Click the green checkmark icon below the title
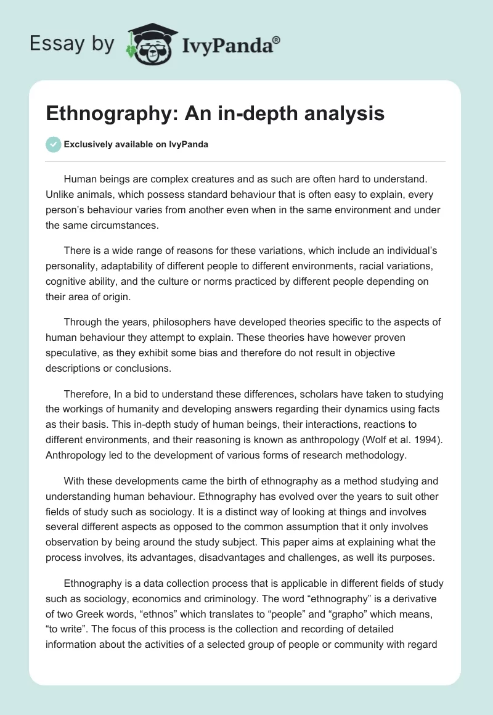[53, 144]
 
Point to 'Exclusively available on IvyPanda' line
[136, 145]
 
